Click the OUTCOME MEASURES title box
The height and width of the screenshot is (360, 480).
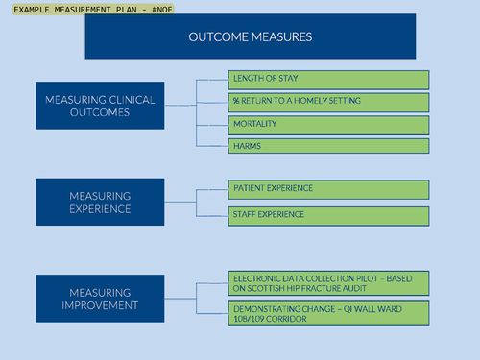[250, 36]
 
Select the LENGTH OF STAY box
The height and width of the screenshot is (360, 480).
[328, 79]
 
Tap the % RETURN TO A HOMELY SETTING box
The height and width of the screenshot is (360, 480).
[328, 102]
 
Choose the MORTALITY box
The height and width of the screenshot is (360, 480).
[328, 125]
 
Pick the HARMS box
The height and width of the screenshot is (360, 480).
[328, 146]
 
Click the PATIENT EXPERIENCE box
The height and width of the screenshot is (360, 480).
[328, 188]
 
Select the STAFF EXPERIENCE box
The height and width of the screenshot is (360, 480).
[328, 214]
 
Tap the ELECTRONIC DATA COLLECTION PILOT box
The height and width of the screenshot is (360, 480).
[328, 283]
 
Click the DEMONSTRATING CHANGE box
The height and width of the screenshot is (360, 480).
[328, 313]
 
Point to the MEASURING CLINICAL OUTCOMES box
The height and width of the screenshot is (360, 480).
[100, 105]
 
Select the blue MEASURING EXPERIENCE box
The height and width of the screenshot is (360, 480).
[100, 202]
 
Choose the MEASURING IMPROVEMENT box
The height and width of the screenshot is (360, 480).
[100, 299]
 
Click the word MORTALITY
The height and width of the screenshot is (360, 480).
[255, 125]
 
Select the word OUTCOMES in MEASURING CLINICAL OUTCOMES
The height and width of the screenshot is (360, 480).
[100, 111]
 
